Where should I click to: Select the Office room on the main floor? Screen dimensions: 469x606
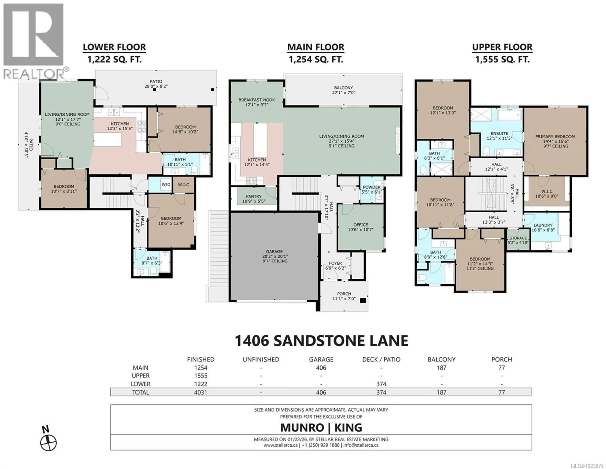tap(361, 227)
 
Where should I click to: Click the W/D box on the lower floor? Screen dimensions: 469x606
tap(166, 184)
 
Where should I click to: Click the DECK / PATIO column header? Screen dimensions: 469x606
tap(381, 359)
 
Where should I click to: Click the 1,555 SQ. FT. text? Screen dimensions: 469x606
tap(502, 59)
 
